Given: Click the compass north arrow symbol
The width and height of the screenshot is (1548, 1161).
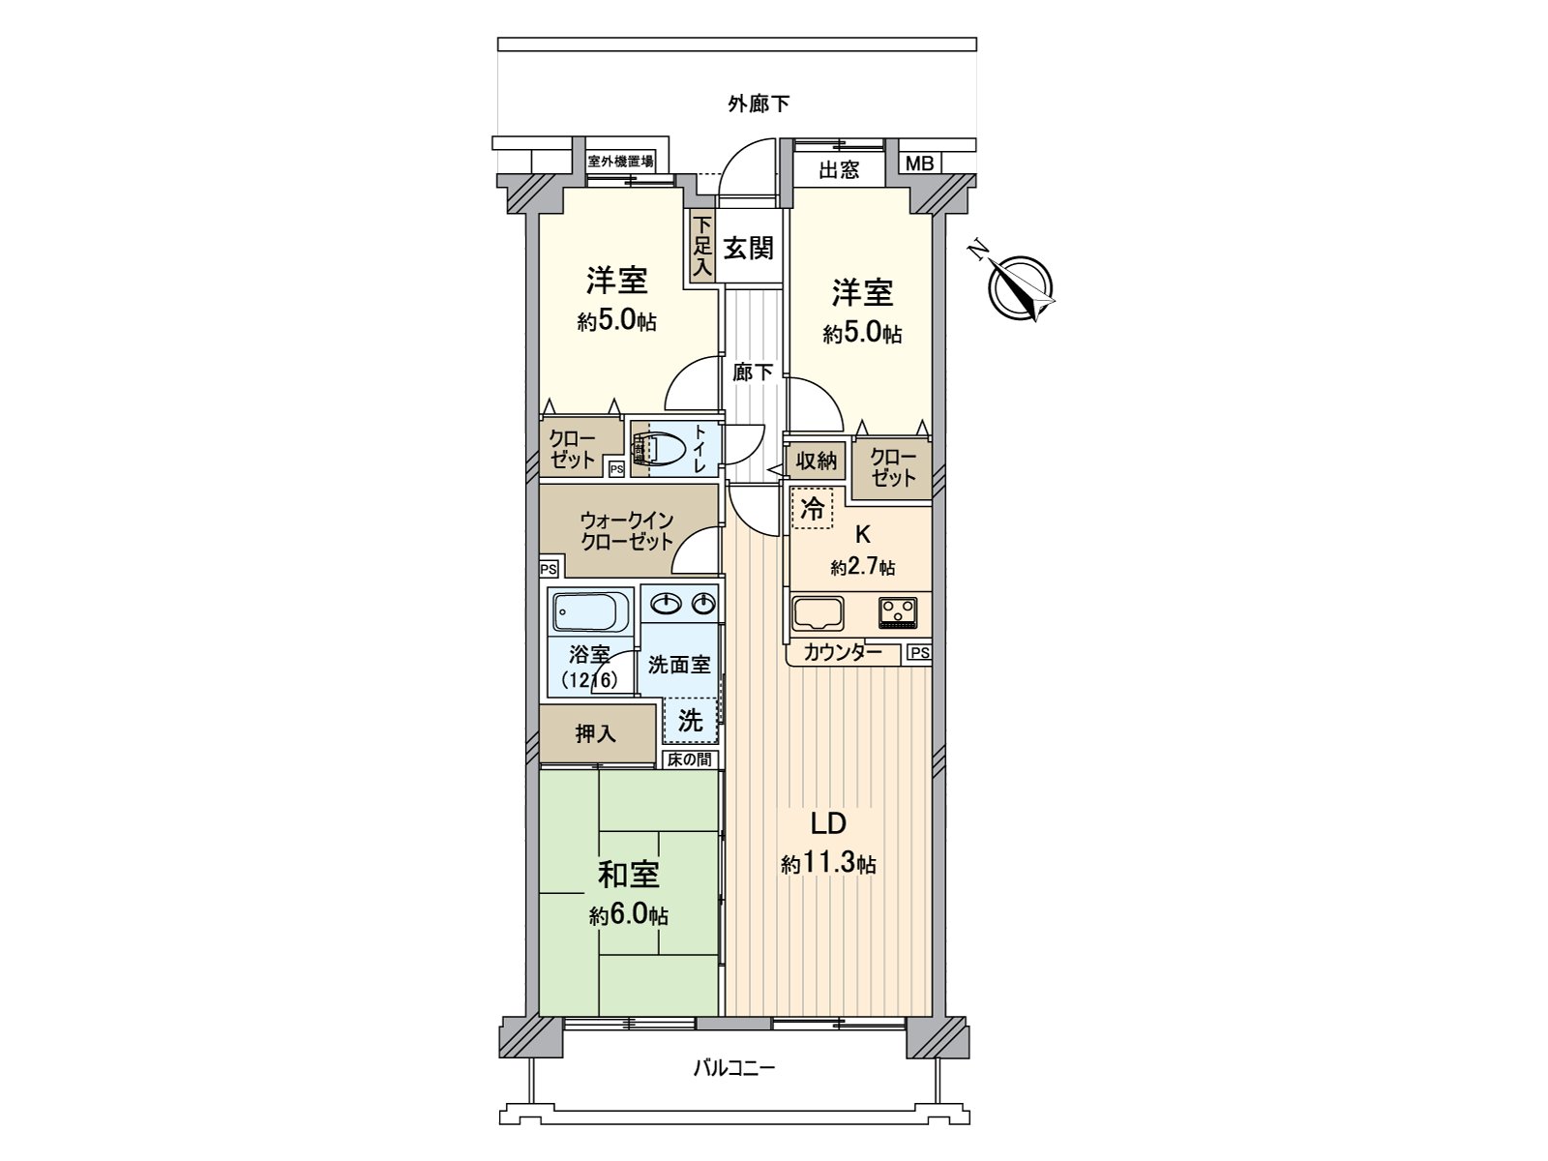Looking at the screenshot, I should tap(1020, 286).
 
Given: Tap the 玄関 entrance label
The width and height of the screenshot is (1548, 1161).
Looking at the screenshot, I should tap(749, 248).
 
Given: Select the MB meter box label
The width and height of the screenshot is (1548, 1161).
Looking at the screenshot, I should tap(919, 164).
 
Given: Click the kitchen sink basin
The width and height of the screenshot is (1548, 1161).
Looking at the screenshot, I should tap(818, 613).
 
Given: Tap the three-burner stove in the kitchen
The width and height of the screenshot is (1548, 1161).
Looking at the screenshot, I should tap(898, 611).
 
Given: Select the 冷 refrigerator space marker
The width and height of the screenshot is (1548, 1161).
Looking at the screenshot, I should tap(813, 509).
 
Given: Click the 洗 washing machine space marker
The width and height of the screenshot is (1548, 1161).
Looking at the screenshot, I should tap(690, 720).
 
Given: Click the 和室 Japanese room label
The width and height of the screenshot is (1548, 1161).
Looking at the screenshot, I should tap(629, 875).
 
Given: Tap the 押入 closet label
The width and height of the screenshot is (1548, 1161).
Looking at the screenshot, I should tap(595, 734).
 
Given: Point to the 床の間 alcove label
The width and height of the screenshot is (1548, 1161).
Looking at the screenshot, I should tap(690, 759).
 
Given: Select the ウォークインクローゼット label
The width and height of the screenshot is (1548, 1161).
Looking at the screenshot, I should tap(627, 530).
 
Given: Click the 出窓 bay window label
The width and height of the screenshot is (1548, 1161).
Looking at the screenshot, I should tap(839, 171).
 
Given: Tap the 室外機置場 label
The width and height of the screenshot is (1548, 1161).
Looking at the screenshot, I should tap(620, 161).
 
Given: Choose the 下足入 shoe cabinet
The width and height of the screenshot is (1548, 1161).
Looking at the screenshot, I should tap(702, 249).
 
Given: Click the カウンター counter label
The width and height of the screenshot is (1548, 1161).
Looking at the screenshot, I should tap(843, 653).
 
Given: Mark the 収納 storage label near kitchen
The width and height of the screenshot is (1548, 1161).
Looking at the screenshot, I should tap(817, 461).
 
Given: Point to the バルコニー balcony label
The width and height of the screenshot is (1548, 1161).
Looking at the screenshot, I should tap(734, 1069).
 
